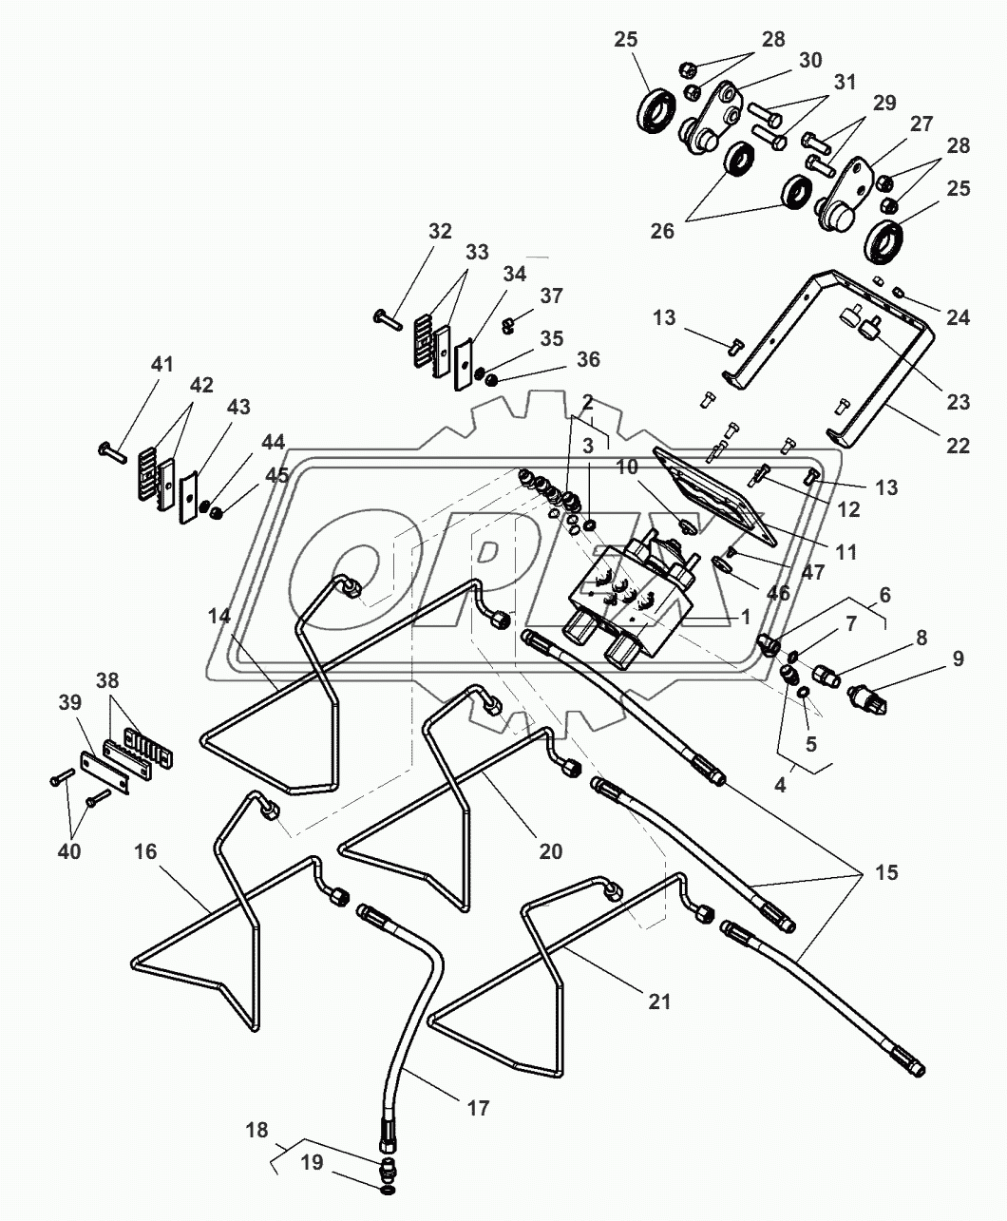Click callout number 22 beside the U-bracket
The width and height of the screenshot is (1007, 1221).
click(x=959, y=445)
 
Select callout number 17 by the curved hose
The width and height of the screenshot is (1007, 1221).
click(x=477, y=1107)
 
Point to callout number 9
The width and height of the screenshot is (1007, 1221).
click(x=958, y=658)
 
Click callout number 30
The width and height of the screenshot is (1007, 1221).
click(x=809, y=60)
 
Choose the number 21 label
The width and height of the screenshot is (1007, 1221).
click(x=659, y=1001)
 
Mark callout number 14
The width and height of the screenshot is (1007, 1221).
click(x=219, y=616)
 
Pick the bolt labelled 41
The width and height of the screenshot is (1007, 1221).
click(x=111, y=450)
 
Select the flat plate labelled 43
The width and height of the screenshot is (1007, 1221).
click(x=187, y=493)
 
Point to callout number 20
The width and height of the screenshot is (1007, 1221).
click(x=551, y=851)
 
